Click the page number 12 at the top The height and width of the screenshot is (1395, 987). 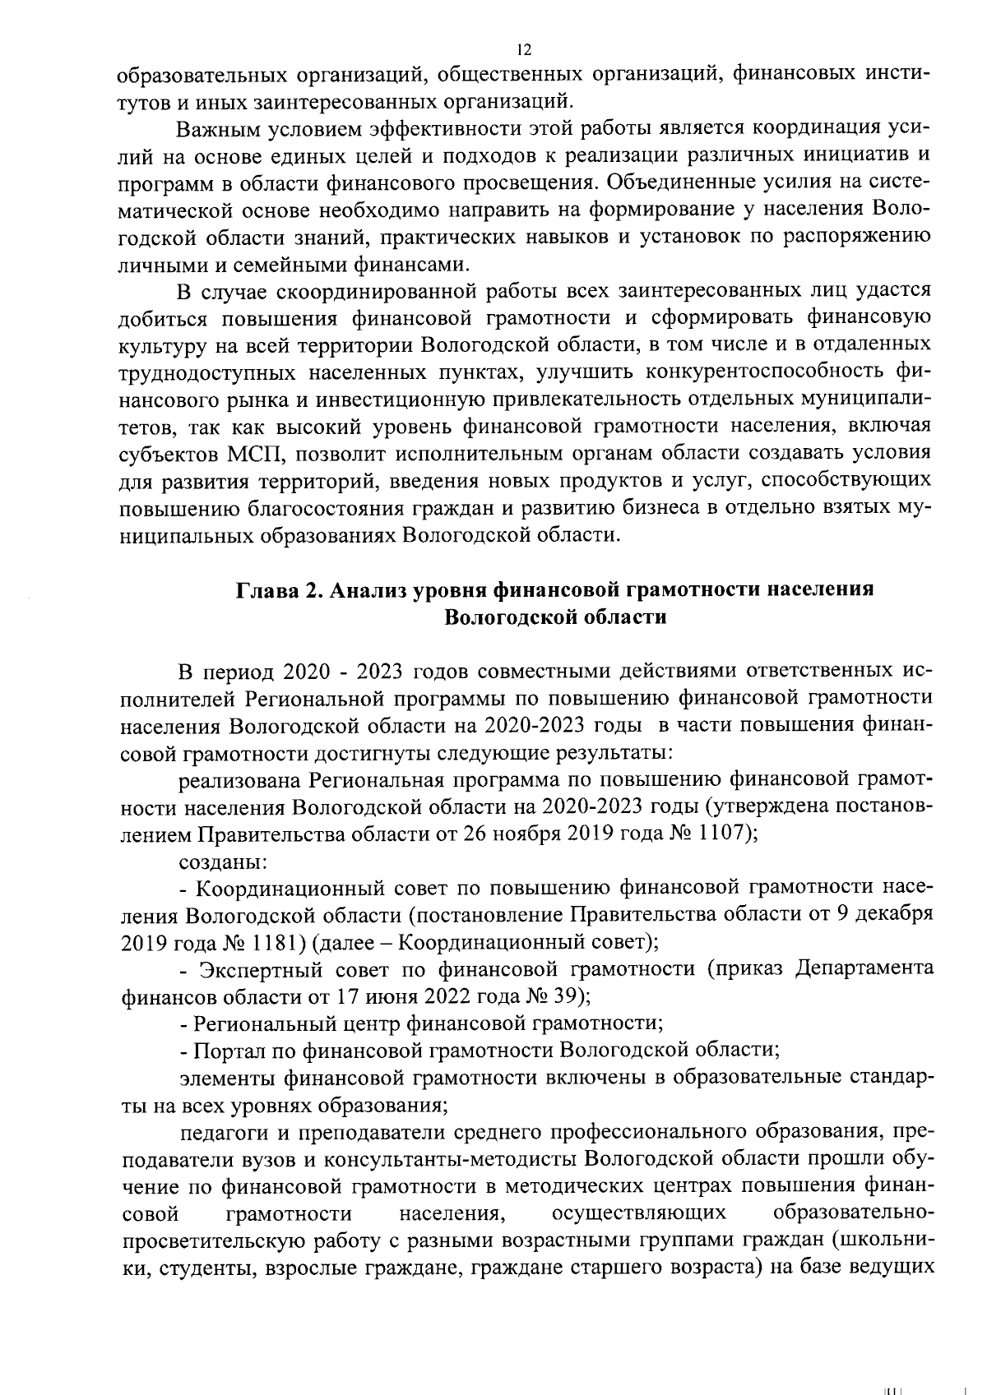pyautogui.click(x=523, y=49)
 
